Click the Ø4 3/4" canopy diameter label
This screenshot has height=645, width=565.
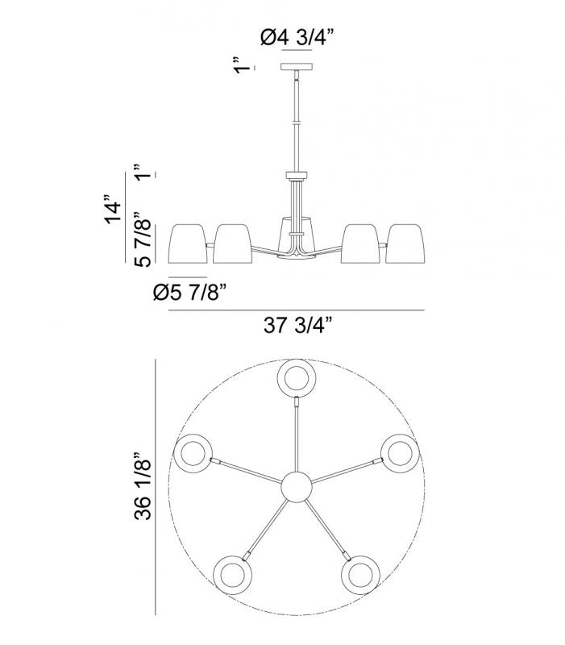coord(296,38)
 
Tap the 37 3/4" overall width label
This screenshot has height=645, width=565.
coord(297,326)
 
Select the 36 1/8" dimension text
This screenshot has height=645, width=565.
coord(143,487)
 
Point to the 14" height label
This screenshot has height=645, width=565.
coord(114,210)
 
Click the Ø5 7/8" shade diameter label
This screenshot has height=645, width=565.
coord(190,293)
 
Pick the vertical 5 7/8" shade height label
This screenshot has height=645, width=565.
coord(143,239)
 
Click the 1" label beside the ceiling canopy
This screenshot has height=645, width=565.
coord(243,65)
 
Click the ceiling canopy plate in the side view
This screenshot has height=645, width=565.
coord(297,67)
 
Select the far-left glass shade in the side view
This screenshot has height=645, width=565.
coord(189,243)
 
